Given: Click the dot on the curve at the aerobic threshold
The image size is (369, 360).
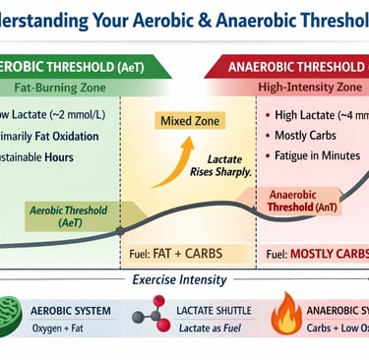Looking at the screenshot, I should pos(119,231).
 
